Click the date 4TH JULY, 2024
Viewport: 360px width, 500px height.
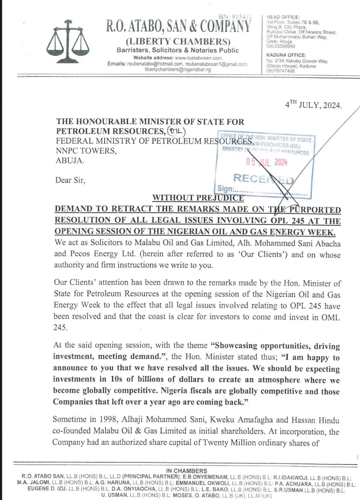(x=313, y=105)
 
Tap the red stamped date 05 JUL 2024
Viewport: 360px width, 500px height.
(x=267, y=162)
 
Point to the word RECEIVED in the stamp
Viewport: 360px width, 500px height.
(x=263, y=178)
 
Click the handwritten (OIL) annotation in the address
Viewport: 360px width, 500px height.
(x=176, y=131)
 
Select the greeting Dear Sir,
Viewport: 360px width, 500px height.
(x=70, y=180)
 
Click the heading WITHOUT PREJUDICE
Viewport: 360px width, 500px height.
(x=198, y=198)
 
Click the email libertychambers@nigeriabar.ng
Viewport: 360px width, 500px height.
(x=178, y=70)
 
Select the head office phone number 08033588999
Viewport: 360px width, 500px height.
(x=281, y=46)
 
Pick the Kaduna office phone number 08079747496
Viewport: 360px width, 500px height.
(x=280, y=71)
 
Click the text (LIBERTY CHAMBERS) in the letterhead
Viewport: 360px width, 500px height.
(x=178, y=41)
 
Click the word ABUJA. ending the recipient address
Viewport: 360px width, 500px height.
(x=70, y=160)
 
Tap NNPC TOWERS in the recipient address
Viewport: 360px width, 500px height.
(x=86, y=151)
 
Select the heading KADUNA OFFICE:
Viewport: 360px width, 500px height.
(x=286, y=55)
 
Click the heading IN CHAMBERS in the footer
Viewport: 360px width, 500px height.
(x=186, y=471)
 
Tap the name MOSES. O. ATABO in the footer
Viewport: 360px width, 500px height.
(x=196, y=495)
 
